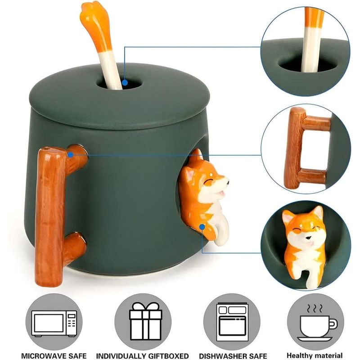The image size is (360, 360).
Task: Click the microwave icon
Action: pos(54,324)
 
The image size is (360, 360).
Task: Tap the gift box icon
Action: pos(145,321)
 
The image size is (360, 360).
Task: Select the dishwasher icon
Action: pos(232,322)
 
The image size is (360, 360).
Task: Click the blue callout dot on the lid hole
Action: pos(125,83)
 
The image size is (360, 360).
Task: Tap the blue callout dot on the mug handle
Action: pos(71,155)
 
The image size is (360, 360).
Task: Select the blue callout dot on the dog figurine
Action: pos(202,227)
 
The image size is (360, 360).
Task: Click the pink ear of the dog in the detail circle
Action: pos(287,217)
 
